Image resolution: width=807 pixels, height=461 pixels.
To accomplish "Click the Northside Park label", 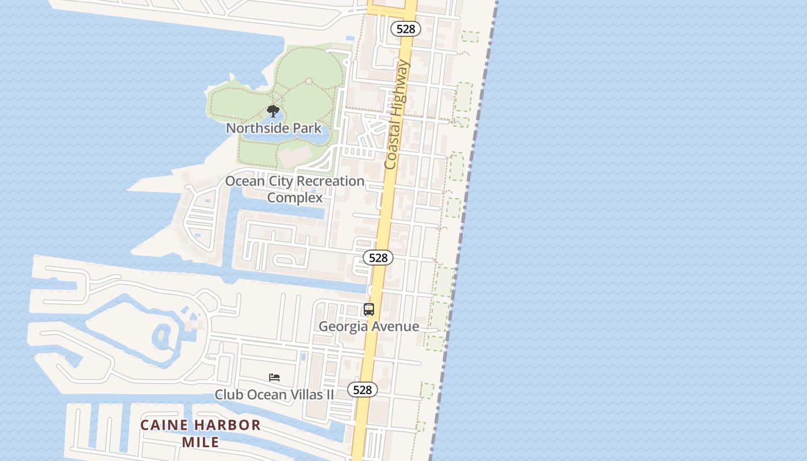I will (273, 128).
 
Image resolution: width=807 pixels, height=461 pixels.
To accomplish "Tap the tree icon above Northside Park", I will (273, 111).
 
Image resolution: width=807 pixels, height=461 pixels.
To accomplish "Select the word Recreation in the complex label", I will (327, 181).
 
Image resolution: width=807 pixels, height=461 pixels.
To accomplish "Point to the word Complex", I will (295, 198).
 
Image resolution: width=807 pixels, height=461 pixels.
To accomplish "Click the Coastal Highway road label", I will (397, 115).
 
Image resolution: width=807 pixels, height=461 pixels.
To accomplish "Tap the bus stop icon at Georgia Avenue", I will (369, 309).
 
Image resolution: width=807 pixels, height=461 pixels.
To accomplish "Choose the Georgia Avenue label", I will (369, 327).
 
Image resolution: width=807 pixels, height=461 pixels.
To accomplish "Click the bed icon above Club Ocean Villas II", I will (274, 377).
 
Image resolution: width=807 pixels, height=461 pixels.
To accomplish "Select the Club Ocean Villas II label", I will (274, 395).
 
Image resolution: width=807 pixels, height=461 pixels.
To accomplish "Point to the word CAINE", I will (164, 426).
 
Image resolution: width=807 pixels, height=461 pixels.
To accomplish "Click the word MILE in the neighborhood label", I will (201, 443).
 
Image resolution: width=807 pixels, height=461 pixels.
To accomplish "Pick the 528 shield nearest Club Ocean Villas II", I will (363, 390).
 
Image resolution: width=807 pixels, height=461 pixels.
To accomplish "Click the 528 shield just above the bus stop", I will (378, 258).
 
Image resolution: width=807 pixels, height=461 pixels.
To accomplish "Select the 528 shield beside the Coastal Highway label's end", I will (406, 29).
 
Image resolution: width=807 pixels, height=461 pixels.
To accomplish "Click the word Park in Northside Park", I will (308, 128).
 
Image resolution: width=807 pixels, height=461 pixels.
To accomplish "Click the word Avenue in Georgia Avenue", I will (395, 327).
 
